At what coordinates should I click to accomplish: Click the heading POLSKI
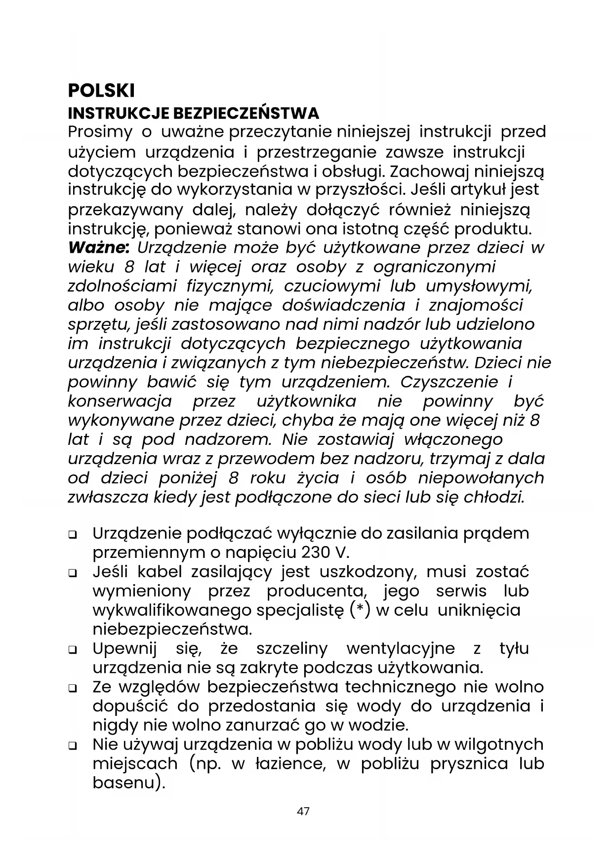(x=101, y=91)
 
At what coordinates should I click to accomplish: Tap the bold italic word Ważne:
(x=99, y=247)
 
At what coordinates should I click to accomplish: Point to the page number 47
(x=303, y=811)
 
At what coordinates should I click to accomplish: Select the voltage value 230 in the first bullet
(x=312, y=551)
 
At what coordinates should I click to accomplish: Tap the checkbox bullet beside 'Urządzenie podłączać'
(x=73, y=535)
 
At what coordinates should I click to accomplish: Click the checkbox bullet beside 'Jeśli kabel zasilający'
(x=73, y=573)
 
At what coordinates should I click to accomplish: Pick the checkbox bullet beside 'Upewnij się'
(x=73, y=650)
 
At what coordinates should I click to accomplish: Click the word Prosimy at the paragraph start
(x=100, y=132)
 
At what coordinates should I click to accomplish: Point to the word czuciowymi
(x=332, y=286)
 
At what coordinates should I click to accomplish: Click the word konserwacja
(x=120, y=401)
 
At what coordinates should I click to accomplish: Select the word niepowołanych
(x=481, y=478)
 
